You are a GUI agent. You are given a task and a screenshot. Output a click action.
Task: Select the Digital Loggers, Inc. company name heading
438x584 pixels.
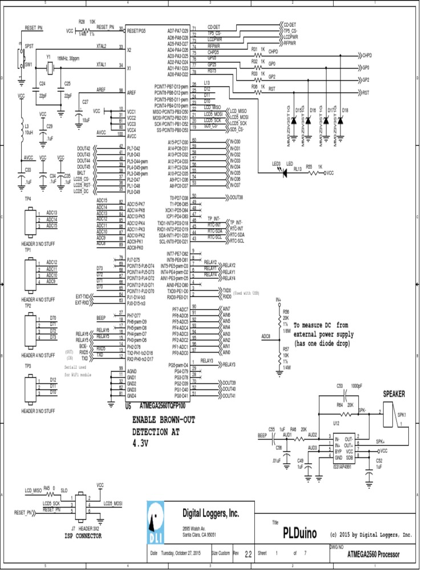[210, 513]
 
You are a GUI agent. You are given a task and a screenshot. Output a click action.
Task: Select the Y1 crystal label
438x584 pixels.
[48, 58]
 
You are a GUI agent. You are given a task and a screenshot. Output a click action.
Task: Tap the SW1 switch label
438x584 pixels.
[29, 65]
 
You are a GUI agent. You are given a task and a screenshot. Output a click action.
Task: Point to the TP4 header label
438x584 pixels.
[27, 198]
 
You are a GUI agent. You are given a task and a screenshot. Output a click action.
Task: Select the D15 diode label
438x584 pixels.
[298, 109]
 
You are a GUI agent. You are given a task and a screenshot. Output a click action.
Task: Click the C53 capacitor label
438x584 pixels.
[340, 386]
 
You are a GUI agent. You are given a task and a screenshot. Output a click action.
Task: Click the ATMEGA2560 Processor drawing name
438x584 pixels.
[374, 554]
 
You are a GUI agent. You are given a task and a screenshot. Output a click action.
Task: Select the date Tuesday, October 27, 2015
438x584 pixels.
[181, 553]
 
